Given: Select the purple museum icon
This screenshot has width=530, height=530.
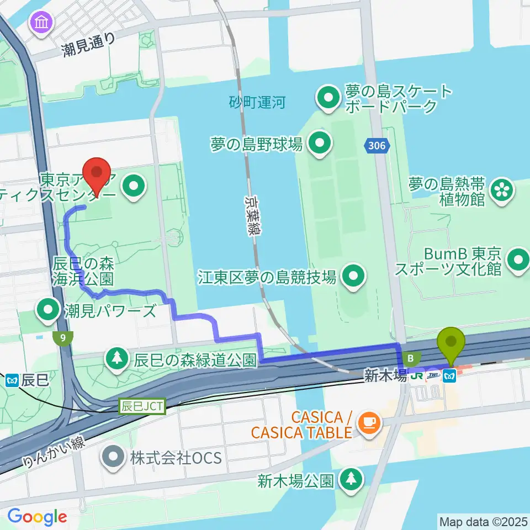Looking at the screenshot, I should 43,23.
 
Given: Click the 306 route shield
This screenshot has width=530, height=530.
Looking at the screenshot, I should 378,146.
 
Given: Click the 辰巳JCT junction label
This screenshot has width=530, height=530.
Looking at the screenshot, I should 142,407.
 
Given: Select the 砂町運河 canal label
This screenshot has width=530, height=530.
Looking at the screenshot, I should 258,102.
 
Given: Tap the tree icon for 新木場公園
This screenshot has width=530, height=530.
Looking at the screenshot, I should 351,479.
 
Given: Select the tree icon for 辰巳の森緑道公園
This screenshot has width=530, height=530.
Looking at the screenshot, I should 117,360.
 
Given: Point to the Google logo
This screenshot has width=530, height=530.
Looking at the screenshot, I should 37,517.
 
